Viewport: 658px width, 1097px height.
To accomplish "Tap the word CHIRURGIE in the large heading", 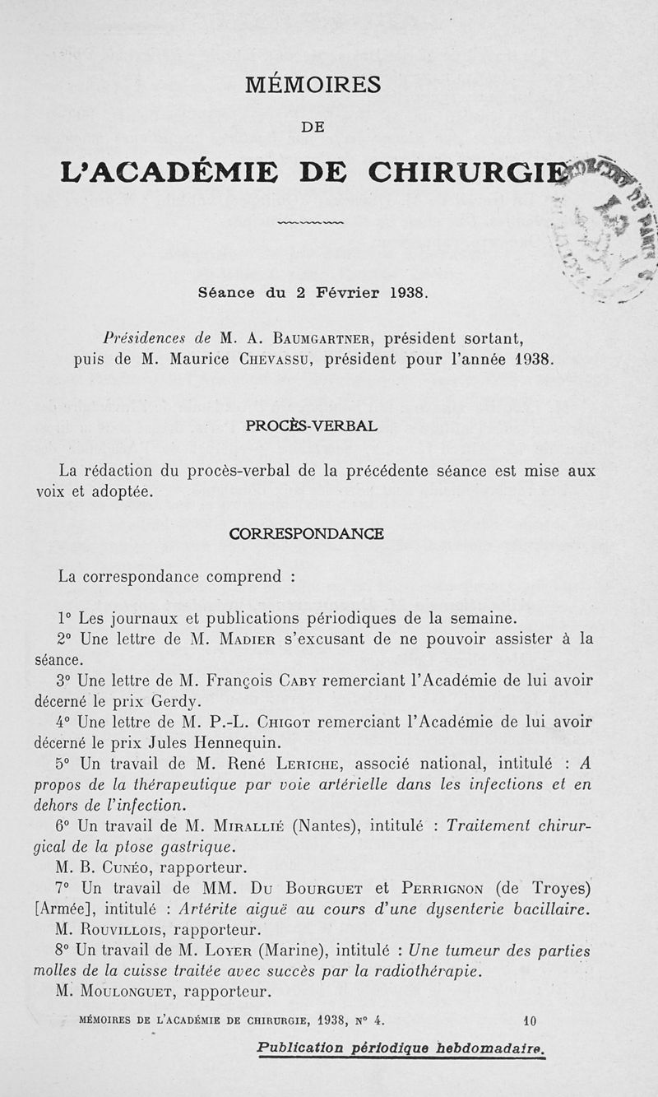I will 466,172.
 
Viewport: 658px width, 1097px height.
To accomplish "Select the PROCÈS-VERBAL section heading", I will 312,426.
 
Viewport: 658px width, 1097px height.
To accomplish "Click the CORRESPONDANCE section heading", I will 306,533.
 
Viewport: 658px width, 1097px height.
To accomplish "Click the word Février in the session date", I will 350,293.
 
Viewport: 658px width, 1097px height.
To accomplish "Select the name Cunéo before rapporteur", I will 126,868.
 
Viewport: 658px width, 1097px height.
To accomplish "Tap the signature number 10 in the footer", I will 529,1021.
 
